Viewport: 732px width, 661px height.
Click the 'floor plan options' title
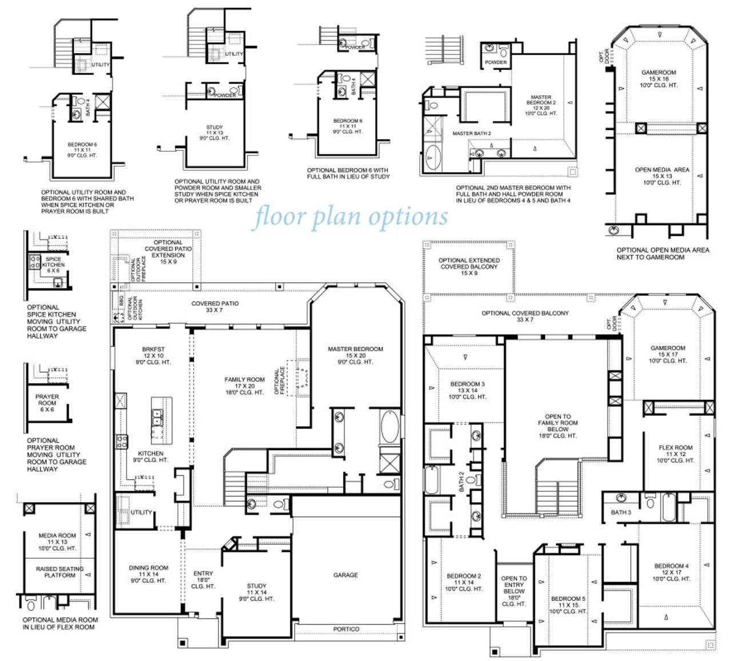coord(350,217)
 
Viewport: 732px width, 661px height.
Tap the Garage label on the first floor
coord(345,575)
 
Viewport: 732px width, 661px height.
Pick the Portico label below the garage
coord(346,629)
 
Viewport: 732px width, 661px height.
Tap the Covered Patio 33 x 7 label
coord(214,307)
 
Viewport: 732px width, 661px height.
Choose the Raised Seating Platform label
coord(59,572)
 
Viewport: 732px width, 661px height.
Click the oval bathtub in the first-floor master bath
coord(389,426)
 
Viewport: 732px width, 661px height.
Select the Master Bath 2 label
coord(471,134)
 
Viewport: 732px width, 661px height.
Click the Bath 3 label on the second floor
coord(620,512)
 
